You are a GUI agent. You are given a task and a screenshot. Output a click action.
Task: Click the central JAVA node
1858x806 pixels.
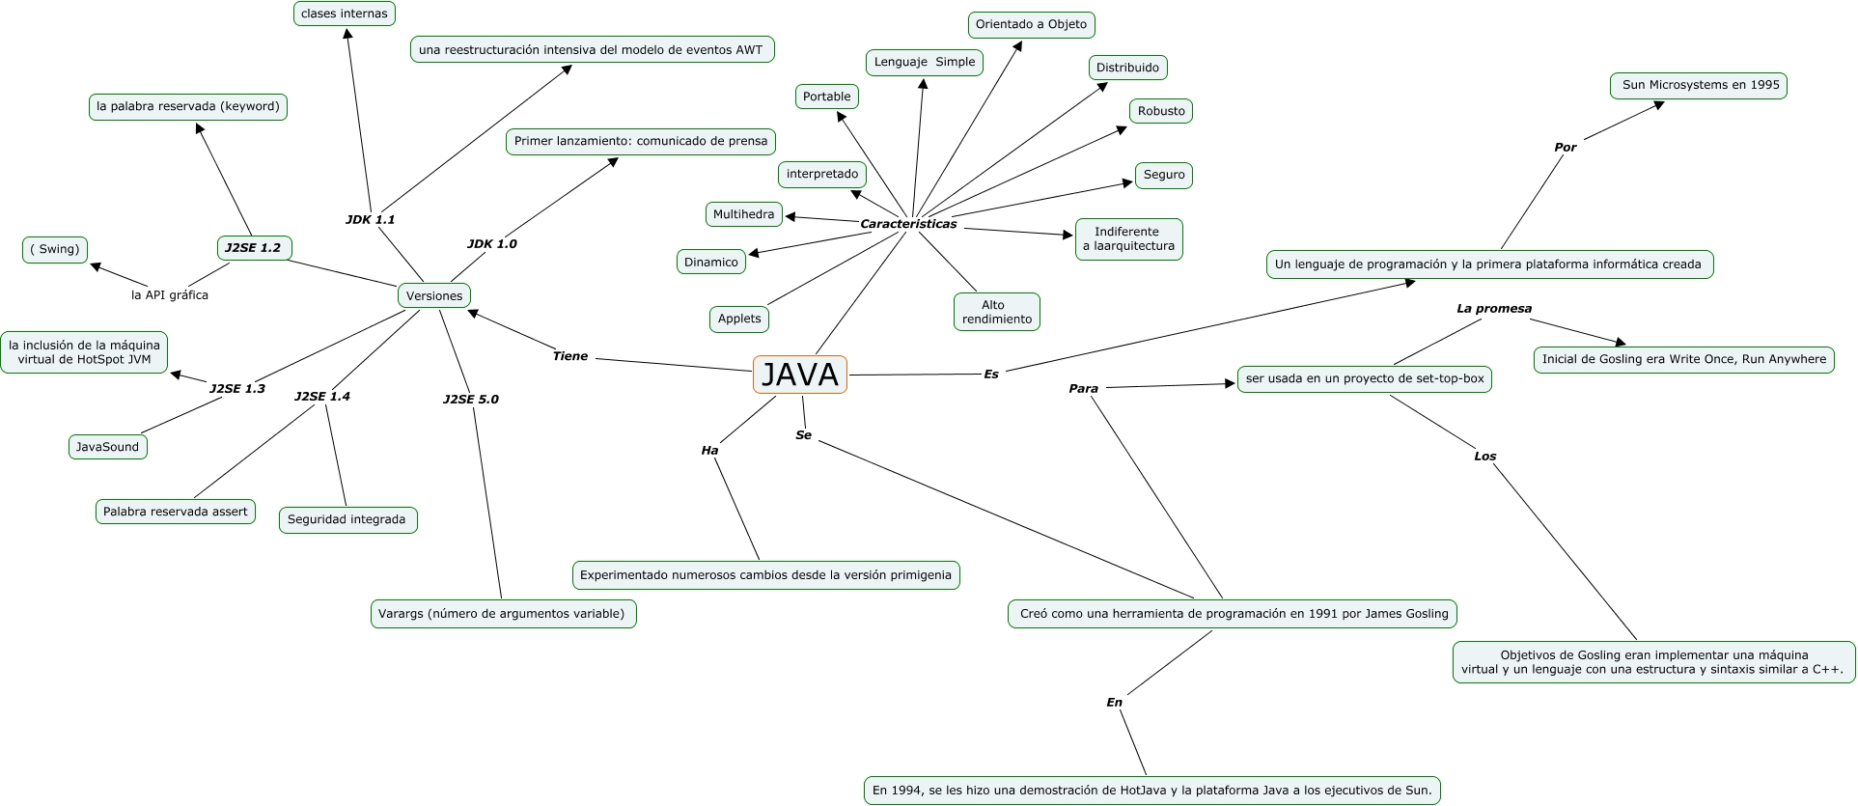point(799,375)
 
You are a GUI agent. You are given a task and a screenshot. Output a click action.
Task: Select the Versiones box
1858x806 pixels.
point(434,295)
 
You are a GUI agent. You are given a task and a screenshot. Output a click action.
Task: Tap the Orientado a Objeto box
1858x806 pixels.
point(1031,24)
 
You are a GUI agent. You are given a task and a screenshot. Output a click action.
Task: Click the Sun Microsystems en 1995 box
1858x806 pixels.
point(1699,85)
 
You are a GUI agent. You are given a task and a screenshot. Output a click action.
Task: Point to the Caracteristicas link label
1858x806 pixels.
point(908,224)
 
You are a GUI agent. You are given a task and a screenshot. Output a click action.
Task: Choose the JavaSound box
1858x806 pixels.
point(107,447)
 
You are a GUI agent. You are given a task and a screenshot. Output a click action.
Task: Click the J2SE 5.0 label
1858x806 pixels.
point(471,399)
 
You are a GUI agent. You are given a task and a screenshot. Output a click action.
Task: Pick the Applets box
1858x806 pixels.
point(739,319)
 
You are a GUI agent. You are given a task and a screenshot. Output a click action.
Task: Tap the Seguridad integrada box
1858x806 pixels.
point(347,519)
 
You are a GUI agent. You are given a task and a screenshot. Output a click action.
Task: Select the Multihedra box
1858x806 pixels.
point(743,214)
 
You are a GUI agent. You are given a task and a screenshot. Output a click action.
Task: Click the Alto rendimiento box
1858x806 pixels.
point(996,312)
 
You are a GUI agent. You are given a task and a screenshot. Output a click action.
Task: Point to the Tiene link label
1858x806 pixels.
point(569,356)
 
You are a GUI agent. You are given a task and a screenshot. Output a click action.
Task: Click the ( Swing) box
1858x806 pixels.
point(55,249)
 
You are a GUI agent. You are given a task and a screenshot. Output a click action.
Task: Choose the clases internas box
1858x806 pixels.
point(344,14)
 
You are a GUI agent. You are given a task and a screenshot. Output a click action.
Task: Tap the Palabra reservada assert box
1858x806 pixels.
point(175,512)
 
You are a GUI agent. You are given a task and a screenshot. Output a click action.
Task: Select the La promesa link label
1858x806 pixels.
point(1493,309)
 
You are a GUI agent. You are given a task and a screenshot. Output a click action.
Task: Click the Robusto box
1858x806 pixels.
point(1160,111)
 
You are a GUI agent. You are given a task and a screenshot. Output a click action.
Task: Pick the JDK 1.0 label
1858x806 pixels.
point(491,243)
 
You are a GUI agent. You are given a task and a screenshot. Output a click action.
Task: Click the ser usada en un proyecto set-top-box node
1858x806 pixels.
point(1364,378)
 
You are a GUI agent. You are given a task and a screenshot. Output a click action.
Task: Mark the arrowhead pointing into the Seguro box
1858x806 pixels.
point(1127,182)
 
